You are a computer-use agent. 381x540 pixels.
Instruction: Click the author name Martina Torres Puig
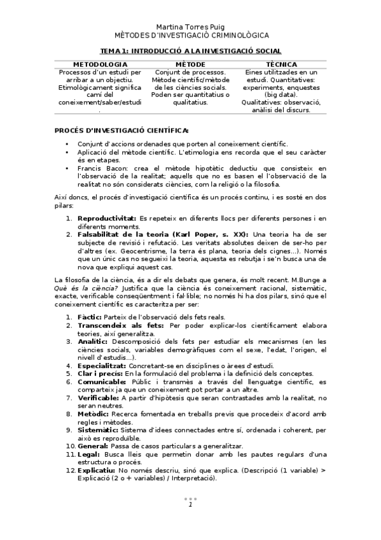pos(190,27)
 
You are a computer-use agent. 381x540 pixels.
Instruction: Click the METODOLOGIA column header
pos(100,64)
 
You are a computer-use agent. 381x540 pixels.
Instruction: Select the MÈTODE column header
pos(190,64)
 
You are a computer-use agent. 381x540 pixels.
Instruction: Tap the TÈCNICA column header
pos(282,64)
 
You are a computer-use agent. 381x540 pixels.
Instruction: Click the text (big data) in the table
pos(282,95)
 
